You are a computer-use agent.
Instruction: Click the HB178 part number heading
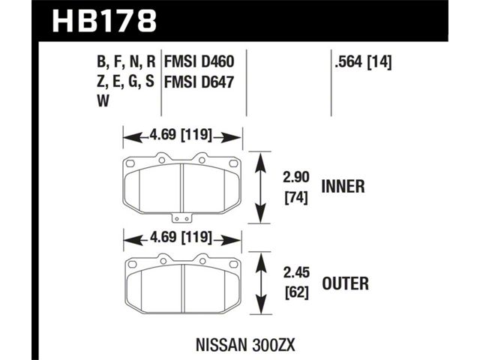[x=105, y=21]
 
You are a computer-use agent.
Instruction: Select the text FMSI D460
[x=199, y=61]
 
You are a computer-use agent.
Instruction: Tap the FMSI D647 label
[x=199, y=82]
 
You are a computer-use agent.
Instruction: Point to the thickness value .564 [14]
[x=363, y=62]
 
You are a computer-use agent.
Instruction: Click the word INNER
[x=343, y=187]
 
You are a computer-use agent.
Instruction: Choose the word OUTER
[x=345, y=283]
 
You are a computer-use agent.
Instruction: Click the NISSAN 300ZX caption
[x=245, y=345]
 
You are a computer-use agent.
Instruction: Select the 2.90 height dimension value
[x=296, y=177]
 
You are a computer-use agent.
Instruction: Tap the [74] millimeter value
[x=296, y=198]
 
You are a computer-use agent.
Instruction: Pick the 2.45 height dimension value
[x=296, y=272]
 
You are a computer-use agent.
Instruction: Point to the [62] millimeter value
[x=296, y=293]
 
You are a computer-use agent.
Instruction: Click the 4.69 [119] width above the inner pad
[x=181, y=135]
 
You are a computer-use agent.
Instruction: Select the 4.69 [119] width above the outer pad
[x=181, y=237]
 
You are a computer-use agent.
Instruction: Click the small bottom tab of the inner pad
[x=181, y=217]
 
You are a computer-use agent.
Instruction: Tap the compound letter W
[x=103, y=100]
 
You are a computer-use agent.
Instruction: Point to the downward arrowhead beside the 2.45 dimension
[x=260, y=305]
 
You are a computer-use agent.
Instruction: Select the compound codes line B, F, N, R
[x=126, y=62]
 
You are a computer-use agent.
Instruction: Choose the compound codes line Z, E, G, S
[x=125, y=82]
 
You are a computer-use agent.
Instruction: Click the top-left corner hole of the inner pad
[x=130, y=163]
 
